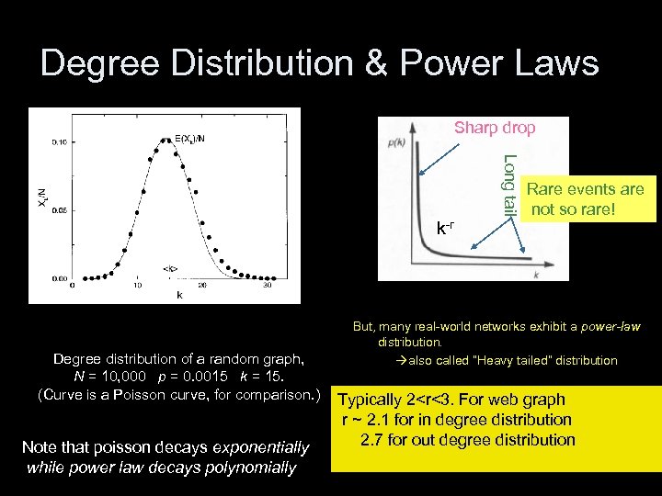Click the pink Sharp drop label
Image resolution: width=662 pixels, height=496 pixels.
tap(495, 128)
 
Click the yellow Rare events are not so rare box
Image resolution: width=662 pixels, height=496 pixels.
tap(586, 199)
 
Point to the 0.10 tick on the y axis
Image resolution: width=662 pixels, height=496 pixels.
tap(58, 141)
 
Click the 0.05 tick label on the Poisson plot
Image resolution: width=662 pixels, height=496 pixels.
tap(58, 209)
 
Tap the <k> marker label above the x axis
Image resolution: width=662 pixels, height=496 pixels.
tap(170, 269)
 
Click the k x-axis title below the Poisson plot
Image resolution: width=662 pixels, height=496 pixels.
tap(178, 296)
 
